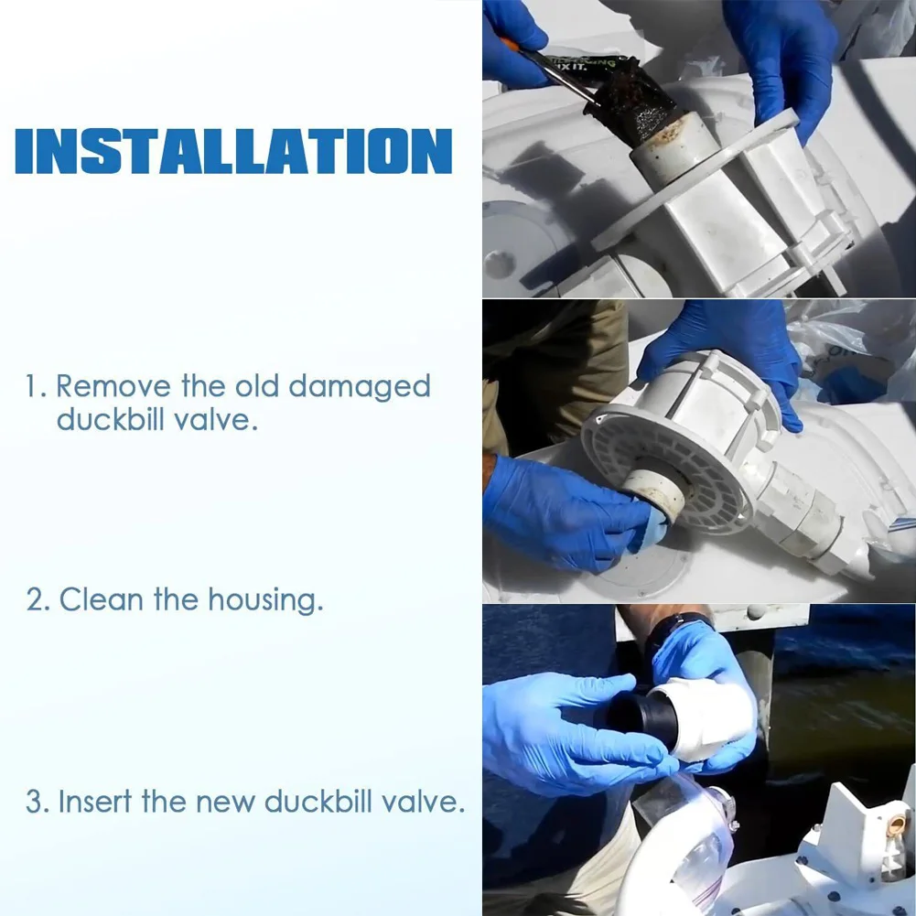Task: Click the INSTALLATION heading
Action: (233, 151)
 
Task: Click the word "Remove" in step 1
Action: (113, 386)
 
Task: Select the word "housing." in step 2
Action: (265, 600)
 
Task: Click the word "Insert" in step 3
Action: (95, 801)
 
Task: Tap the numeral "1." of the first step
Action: (37, 387)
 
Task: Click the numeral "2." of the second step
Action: (38, 600)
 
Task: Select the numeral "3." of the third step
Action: (38, 802)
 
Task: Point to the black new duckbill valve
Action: (641, 717)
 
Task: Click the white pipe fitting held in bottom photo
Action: (709, 719)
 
